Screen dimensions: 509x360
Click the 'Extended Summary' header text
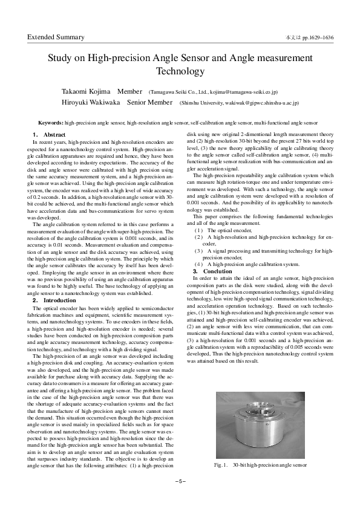coord(56,37)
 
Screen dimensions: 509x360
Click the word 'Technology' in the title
coord(180,71)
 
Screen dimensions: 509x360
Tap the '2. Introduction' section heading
coord(54,300)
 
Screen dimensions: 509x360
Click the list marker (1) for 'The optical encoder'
coord(198,230)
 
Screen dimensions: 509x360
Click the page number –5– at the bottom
coord(180,481)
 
